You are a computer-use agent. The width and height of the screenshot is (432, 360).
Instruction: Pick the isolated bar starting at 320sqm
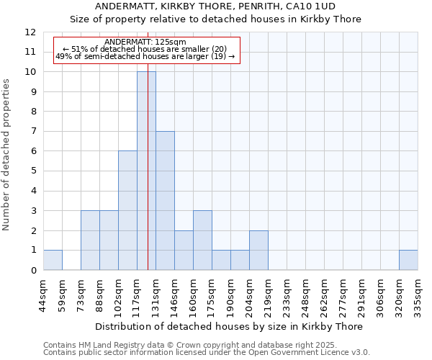[408, 260]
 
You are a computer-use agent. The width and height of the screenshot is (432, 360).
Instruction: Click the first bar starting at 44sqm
[53, 260]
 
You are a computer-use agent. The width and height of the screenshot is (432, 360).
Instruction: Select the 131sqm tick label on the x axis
[156, 294]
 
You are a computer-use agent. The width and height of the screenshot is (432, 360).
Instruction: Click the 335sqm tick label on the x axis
[418, 294]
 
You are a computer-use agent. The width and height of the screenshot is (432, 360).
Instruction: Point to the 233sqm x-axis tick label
[287, 294]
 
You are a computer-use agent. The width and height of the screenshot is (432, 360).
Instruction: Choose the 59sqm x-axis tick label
[62, 294]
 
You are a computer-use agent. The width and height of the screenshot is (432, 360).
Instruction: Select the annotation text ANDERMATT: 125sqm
[145, 42]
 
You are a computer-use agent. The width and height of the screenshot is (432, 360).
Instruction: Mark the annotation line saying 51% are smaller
[145, 49]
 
